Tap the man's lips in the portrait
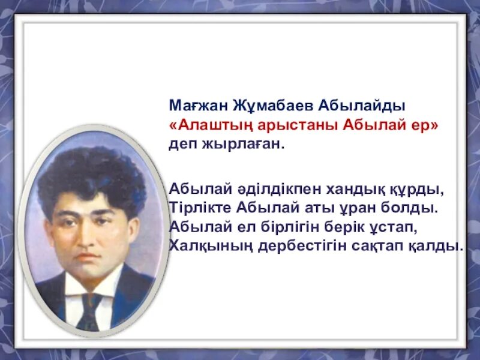click(88, 257)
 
